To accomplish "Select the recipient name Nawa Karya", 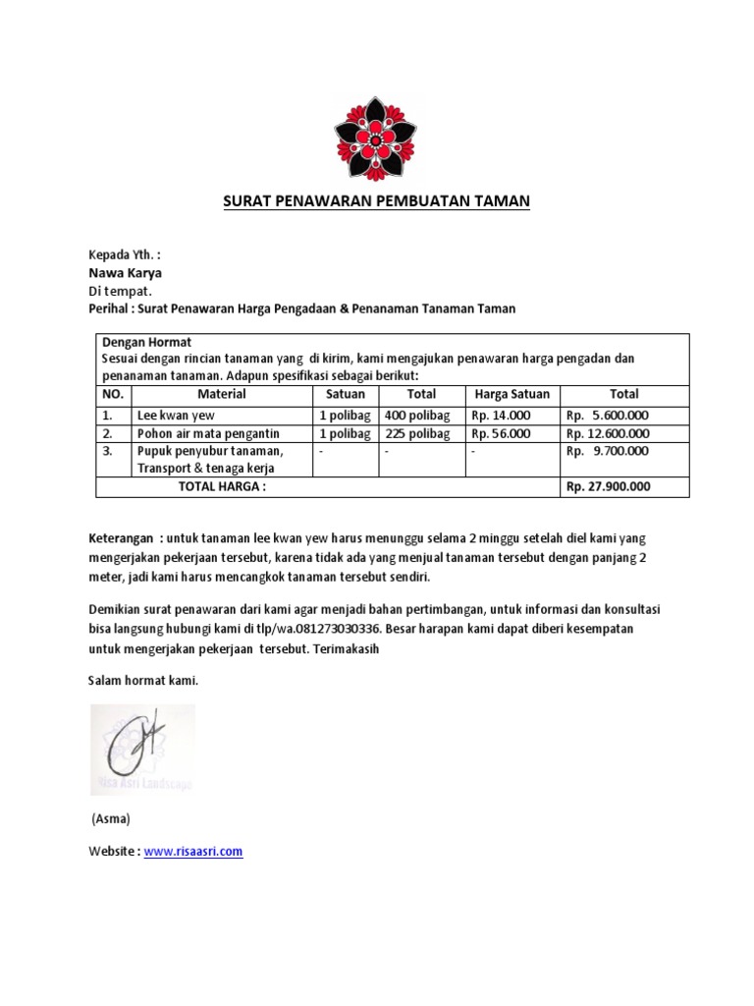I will (x=126, y=273).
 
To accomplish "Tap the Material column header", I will (x=221, y=394).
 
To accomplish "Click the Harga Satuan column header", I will (x=512, y=394).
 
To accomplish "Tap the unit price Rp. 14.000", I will (x=502, y=415).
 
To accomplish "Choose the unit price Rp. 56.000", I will (x=502, y=433).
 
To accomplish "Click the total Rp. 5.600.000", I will (x=608, y=415).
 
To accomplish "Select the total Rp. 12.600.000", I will (x=608, y=433).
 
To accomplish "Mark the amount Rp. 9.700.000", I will (x=608, y=451).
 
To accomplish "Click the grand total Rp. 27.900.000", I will (x=608, y=486).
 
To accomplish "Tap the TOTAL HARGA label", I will (x=221, y=486).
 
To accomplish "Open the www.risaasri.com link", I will (x=193, y=852).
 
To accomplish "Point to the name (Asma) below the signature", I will (x=110, y=818).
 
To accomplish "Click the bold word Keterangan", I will (x=122, y=539).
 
